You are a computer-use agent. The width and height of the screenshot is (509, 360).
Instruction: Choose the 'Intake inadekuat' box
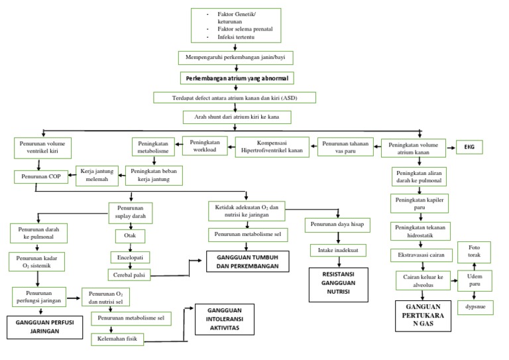[336, 251]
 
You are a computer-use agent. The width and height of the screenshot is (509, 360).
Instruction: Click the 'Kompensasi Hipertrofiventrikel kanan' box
[272, 147]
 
